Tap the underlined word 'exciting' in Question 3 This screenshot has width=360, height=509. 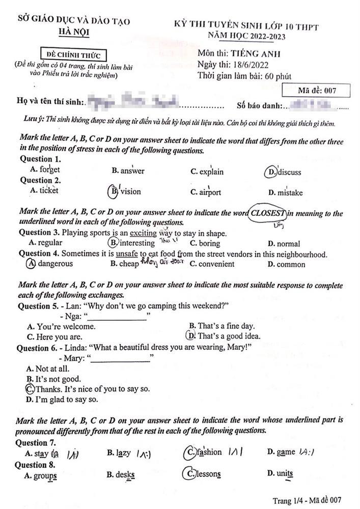(x=144, y=233)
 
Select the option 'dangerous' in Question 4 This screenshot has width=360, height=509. (x=55, y=264)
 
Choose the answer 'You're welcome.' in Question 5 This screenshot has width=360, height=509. (x=66, y=326)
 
